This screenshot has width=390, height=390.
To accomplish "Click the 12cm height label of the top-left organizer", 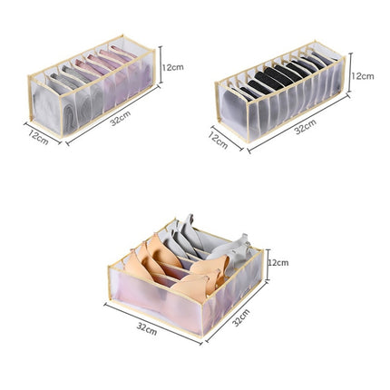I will pos(174,67).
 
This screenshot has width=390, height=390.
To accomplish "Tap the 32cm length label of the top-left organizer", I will pos(119,121).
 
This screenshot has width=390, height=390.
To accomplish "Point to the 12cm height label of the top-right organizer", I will pos(363,77).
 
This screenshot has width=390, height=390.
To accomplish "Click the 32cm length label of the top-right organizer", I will pos(306,129).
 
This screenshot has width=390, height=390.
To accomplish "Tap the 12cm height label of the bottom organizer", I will pos(278,263).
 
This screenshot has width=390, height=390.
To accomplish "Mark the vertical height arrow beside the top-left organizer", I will pos(161,67).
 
